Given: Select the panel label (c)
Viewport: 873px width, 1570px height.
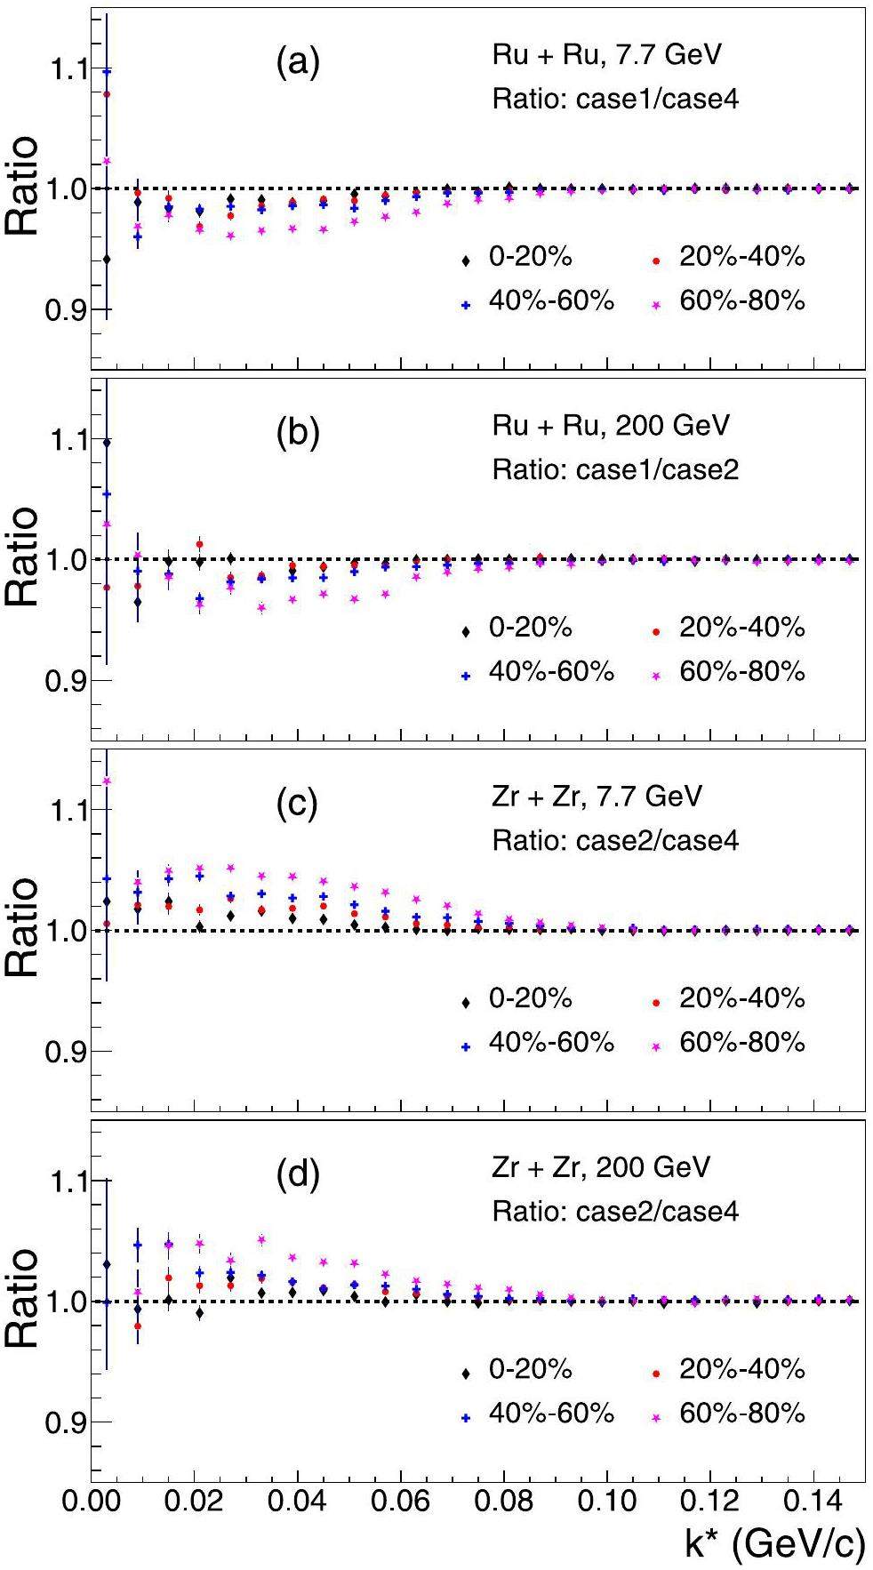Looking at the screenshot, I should tap(297, 805).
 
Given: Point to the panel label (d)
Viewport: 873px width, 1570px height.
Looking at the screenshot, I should tap(297, 1175).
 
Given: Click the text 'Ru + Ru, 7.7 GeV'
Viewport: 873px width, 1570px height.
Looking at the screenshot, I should tap(606, 54).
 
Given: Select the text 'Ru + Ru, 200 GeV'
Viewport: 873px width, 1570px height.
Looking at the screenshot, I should tap(611, 425).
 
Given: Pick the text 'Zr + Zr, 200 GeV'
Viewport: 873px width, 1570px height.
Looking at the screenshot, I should tap(601, 1166).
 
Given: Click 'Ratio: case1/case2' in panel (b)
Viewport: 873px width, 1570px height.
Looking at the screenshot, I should tap(615, 469).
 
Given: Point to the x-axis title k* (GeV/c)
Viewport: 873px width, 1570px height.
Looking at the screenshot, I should tap(773, 1545).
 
